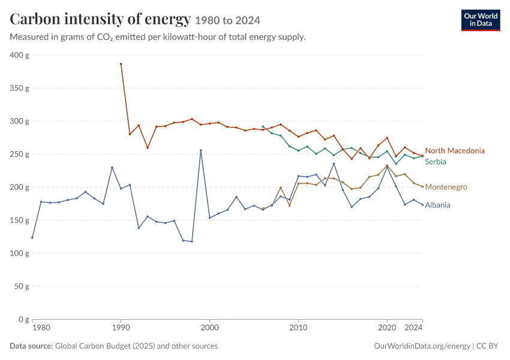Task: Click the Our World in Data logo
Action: (x=481, y=20)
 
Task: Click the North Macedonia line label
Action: (x=455, y=151)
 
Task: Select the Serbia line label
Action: (x=436, y=161)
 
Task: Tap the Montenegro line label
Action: (x=446, y=187)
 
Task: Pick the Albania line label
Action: (x=437, y=205)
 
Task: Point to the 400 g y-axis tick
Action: (x=19, y=55)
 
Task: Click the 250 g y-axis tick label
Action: (x=19, y=154)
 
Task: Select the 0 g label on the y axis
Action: (x=24, y=319)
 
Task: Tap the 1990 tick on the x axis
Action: (x=121, y=328)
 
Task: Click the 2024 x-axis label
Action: (x=413, y=328)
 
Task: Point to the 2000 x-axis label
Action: (x=209, y=328)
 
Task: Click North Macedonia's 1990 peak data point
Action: (x=121, y=64)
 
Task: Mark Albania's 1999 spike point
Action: (x=200, y=150)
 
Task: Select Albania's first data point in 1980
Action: (x=32, y=238)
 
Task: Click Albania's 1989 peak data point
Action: (x=112, y=167)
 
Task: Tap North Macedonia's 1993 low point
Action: (x=148, y=148)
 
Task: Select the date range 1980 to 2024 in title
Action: (x=227, y=20)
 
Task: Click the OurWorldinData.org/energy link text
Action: (x=422, y=346)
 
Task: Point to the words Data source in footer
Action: (x=31, y=346)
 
